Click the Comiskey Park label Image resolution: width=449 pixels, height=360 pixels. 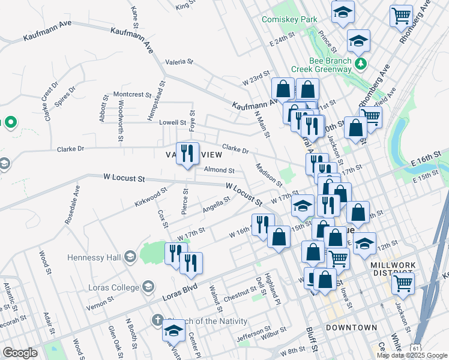[x=289, y=19]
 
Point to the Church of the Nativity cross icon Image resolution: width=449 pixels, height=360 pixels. [x=157, y=320]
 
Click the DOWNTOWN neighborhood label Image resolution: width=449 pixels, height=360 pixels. [x=351, y=328]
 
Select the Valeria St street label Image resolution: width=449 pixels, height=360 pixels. [x=179, y=61]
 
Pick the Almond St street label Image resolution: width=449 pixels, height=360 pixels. [x=218, y=170]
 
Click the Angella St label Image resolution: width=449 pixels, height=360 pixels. [x=217, y=206]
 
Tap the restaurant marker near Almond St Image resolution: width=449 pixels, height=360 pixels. [x=187, y=154]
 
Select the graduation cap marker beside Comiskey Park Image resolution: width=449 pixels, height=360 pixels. [x=343, y=11]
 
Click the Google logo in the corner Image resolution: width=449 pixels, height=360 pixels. [x=20, y=353]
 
